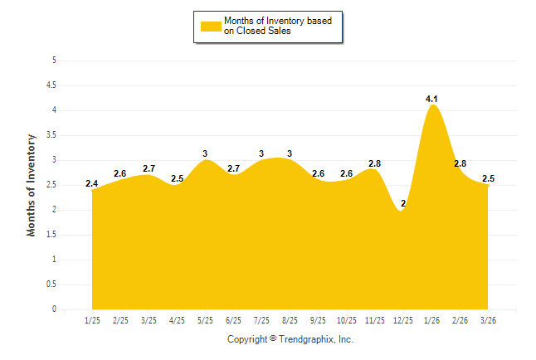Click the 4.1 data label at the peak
pos(431,99)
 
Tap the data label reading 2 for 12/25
pos(403,203)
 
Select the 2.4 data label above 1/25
pos(91,183)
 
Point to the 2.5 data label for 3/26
pos(488,178)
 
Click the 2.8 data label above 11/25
pos(374,163)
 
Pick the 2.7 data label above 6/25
pos(233,168)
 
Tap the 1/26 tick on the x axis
pos(431,319)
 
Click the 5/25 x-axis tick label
pos(205,319)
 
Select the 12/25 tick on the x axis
pos(403,319)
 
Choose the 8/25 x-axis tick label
pos(290,319)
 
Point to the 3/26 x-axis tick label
pos(488,319)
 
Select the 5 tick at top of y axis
pos(54,61)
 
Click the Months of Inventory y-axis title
pos(32,185)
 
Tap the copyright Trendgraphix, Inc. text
pos(290,339)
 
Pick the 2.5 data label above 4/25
pos(177,178)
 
